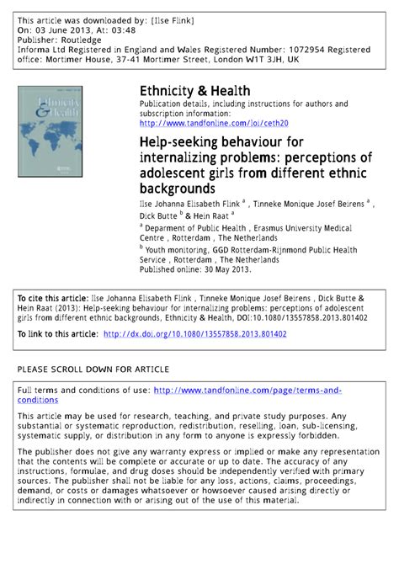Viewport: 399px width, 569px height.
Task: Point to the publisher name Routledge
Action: click(83, 39)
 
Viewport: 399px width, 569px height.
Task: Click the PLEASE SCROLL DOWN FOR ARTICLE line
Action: click(93, 370)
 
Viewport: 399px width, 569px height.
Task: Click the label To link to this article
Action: click(56, 334)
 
